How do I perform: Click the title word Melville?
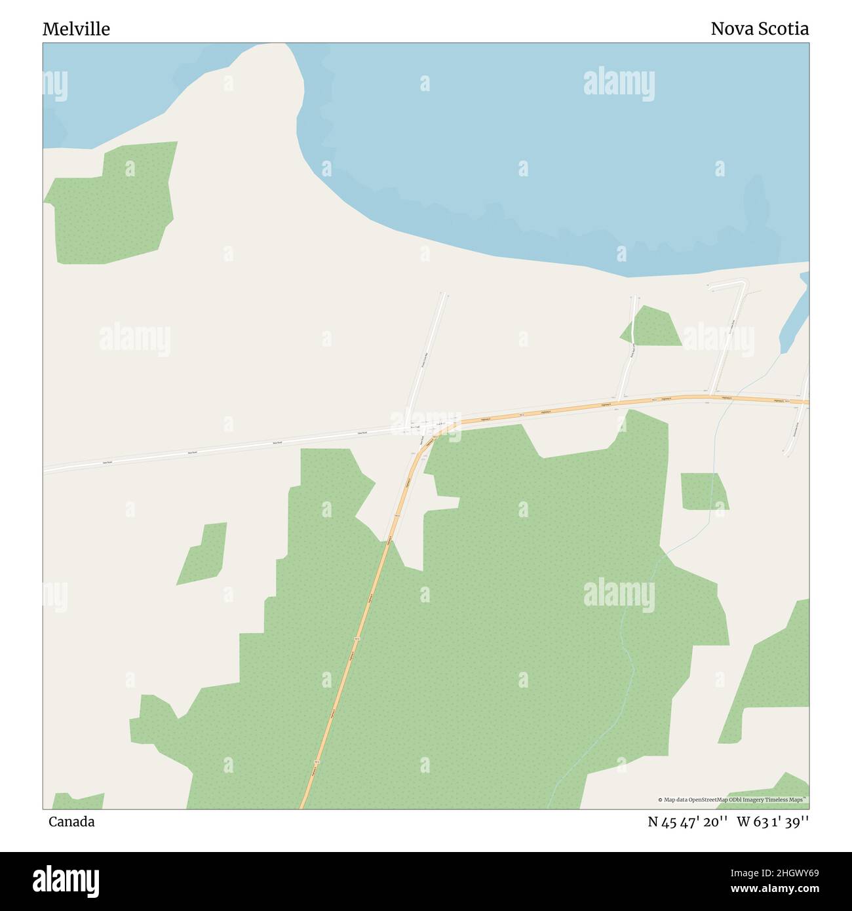(x=76, y=29)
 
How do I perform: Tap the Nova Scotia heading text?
(x=759, y=29)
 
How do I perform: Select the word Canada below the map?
(x=71, y=822)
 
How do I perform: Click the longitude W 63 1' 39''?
(x=773, y=822)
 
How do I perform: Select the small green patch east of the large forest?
(x=704, y=492)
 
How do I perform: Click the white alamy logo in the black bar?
(x=66, y=880)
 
